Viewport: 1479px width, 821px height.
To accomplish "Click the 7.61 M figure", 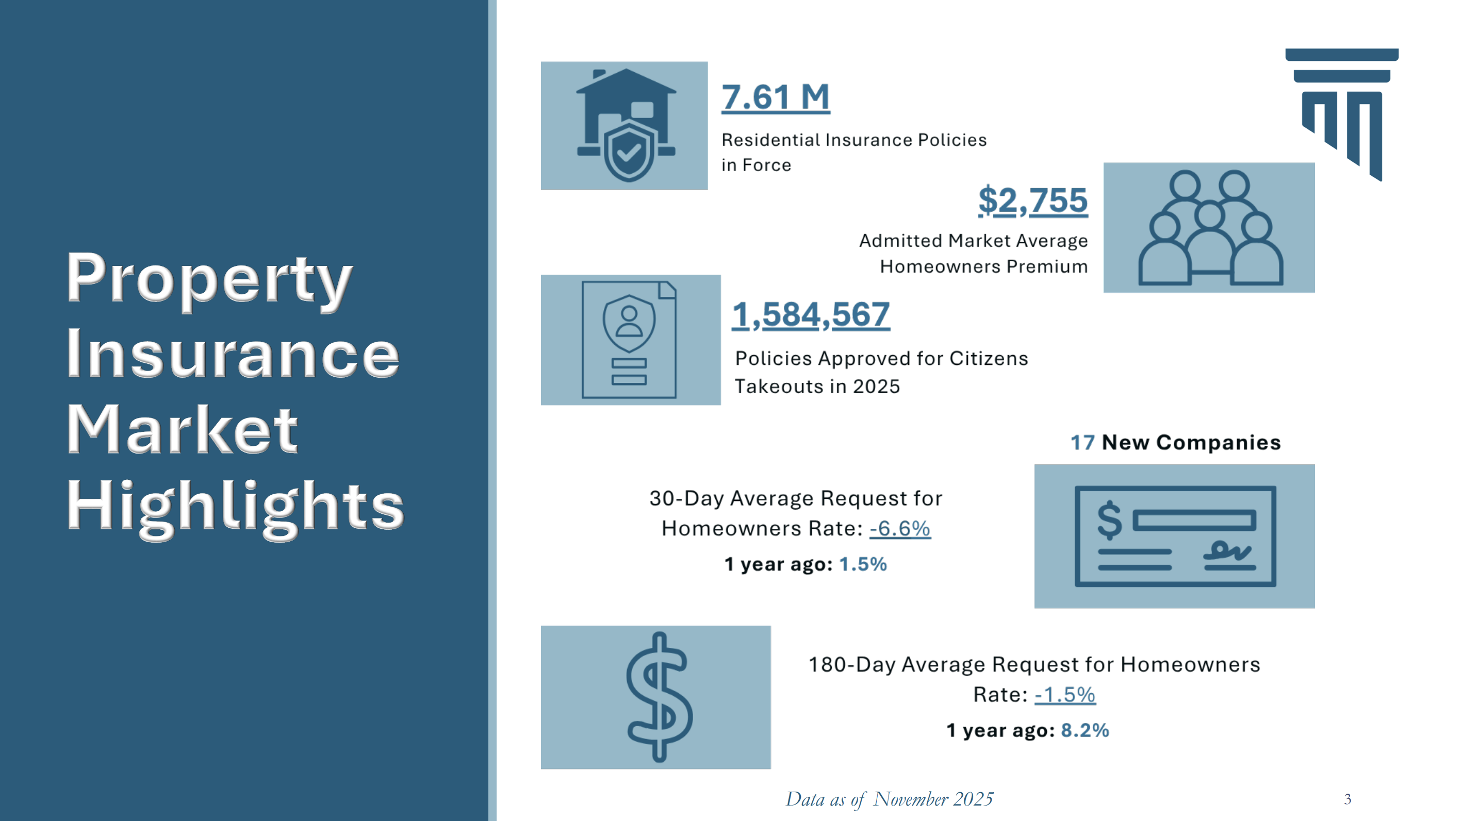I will point(775,97).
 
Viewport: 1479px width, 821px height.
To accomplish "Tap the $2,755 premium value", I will point(1032,201).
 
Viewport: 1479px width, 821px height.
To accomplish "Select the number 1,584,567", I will point(810,315).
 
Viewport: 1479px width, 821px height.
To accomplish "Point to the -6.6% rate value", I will point(899,528).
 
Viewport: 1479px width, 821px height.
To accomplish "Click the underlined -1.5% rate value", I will point(1064,695).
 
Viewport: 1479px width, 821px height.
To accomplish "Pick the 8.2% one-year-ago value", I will point(1084,730).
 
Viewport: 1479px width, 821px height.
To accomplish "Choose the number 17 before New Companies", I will point(1082,443).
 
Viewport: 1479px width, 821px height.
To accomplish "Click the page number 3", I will point(1347,799).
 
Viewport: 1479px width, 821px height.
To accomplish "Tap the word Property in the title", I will point(209,279).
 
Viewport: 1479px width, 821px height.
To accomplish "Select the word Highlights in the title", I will point(235,508).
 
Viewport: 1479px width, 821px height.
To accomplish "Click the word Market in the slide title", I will point(183,430).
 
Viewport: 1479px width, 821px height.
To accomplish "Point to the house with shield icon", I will point(626,125).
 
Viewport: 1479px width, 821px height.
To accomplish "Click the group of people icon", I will point(1209,228).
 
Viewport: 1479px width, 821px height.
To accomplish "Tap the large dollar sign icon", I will point(659,697).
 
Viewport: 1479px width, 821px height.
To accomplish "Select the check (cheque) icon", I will point(1174,537).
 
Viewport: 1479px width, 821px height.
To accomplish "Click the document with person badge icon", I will point(629,340).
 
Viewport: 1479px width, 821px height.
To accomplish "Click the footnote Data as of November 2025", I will point(889,799).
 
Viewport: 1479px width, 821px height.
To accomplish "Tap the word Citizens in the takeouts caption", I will point(988,359).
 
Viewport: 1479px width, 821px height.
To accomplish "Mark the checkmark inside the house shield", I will point(628,152).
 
